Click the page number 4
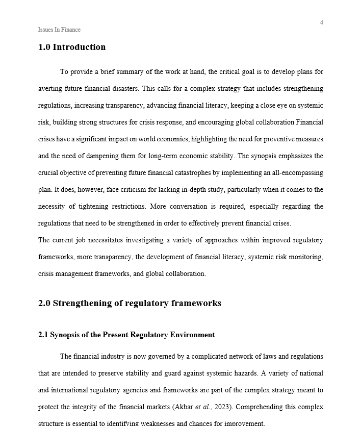pos(321,22)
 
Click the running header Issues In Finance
pos(59,30)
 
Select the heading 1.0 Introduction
pos(72,47)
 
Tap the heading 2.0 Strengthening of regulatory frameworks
pos(130,304)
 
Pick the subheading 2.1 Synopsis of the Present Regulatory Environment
pos(126,335)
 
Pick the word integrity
pos(87,407)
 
